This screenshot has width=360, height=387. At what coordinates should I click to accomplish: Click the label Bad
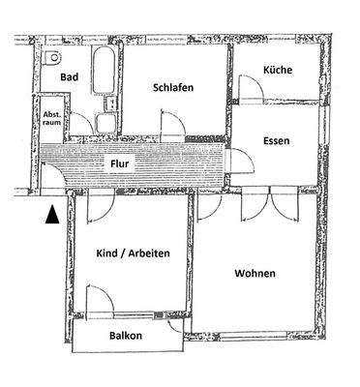pyautogui.click(x=69, y=75)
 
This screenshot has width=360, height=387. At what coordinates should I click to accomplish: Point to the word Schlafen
pyautogui.click(x=173, y=88)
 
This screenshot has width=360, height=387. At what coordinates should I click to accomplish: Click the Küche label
pyautogui.click(x=278, y=72)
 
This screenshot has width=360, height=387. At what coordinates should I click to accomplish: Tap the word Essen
pyautogui.click(x=277, y=141)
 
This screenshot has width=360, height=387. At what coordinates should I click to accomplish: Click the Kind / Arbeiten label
pyautogui.click(x=135, y=253)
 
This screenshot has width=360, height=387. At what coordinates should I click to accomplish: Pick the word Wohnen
pyautogui.click(x=255, y=274)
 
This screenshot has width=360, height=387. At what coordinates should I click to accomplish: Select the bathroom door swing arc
pyautogui.click(x=83, y=124)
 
